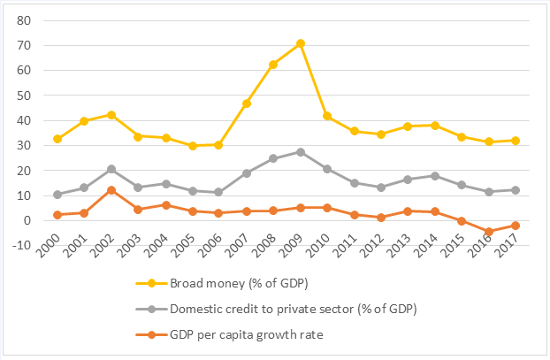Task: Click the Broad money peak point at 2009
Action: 301,43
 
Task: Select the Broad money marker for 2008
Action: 273,65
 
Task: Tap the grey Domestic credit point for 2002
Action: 111,169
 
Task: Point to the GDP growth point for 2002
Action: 111,190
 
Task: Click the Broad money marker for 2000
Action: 57,139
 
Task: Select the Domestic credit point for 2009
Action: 301,152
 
